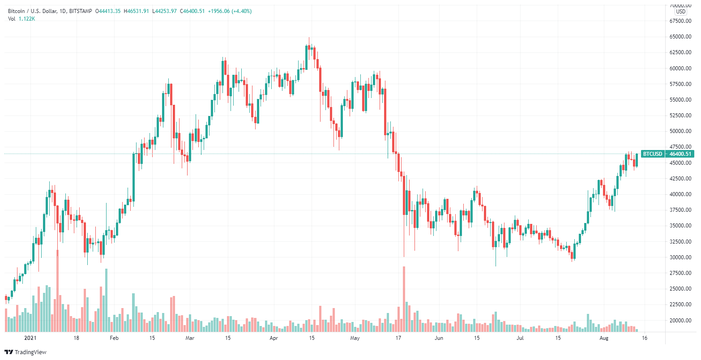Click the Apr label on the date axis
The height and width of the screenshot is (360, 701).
pyautogui.click(x=274, y=338)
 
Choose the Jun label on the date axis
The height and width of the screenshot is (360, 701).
pyautogui.click(x=439, y=338)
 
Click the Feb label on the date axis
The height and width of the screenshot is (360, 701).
pyautogui.click(x=114, y=338)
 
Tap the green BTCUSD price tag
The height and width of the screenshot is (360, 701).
pyautogui.click(x=652, y=154)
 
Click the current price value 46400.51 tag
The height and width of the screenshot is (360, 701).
pyautogui.click(x=680, y=154)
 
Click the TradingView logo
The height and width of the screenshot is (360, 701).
pyautogui.click(x=26, y=352)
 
